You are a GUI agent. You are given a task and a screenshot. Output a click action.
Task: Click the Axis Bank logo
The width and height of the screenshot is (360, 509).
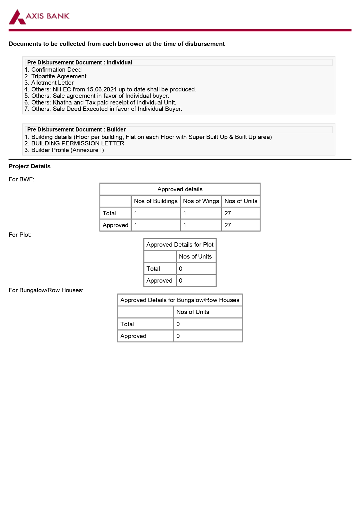[39, 17]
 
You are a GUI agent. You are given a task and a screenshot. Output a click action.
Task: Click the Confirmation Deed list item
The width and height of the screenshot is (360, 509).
[56, 70]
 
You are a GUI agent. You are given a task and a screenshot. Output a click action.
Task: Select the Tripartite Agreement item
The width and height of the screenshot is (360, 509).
[59, 76]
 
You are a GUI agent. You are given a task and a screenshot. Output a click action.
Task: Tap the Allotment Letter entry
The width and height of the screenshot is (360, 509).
[52, 83]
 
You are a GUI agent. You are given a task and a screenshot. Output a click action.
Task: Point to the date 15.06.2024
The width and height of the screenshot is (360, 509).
[102, 89]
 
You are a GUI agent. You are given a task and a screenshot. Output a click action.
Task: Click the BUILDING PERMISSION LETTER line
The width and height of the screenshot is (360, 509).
[77, 143]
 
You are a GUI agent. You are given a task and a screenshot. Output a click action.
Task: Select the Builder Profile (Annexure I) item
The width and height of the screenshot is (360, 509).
[67, 150]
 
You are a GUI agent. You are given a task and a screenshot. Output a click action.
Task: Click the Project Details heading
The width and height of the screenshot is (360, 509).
[30, 166]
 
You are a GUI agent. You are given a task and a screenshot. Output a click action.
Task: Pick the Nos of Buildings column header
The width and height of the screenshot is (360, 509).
[155, 201]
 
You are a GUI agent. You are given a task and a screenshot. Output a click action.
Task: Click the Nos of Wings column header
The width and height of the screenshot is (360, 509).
[201, 201]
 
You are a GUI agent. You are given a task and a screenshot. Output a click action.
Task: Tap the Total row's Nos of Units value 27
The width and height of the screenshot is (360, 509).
[228, 213]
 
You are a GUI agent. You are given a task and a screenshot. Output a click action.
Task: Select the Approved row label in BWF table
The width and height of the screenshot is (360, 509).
[115, 225]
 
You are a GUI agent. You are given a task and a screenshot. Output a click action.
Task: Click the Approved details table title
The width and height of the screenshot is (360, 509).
[180, 189]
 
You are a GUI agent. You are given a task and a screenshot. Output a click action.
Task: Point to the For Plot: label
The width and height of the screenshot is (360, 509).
[20, 235]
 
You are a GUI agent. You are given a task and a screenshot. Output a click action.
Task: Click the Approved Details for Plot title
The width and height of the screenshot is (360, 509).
[180, 245]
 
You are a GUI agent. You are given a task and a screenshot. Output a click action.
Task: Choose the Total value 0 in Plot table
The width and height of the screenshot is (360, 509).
[181, 269]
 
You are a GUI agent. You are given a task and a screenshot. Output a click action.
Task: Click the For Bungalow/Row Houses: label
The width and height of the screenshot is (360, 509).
[46, 290]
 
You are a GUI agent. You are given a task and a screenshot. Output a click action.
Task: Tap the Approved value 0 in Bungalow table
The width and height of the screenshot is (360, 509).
[178, 336]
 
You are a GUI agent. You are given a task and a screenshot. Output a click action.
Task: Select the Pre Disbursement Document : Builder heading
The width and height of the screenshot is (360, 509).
[76, 129]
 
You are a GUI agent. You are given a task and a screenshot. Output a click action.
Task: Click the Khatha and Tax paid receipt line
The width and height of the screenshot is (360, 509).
[114, 102]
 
